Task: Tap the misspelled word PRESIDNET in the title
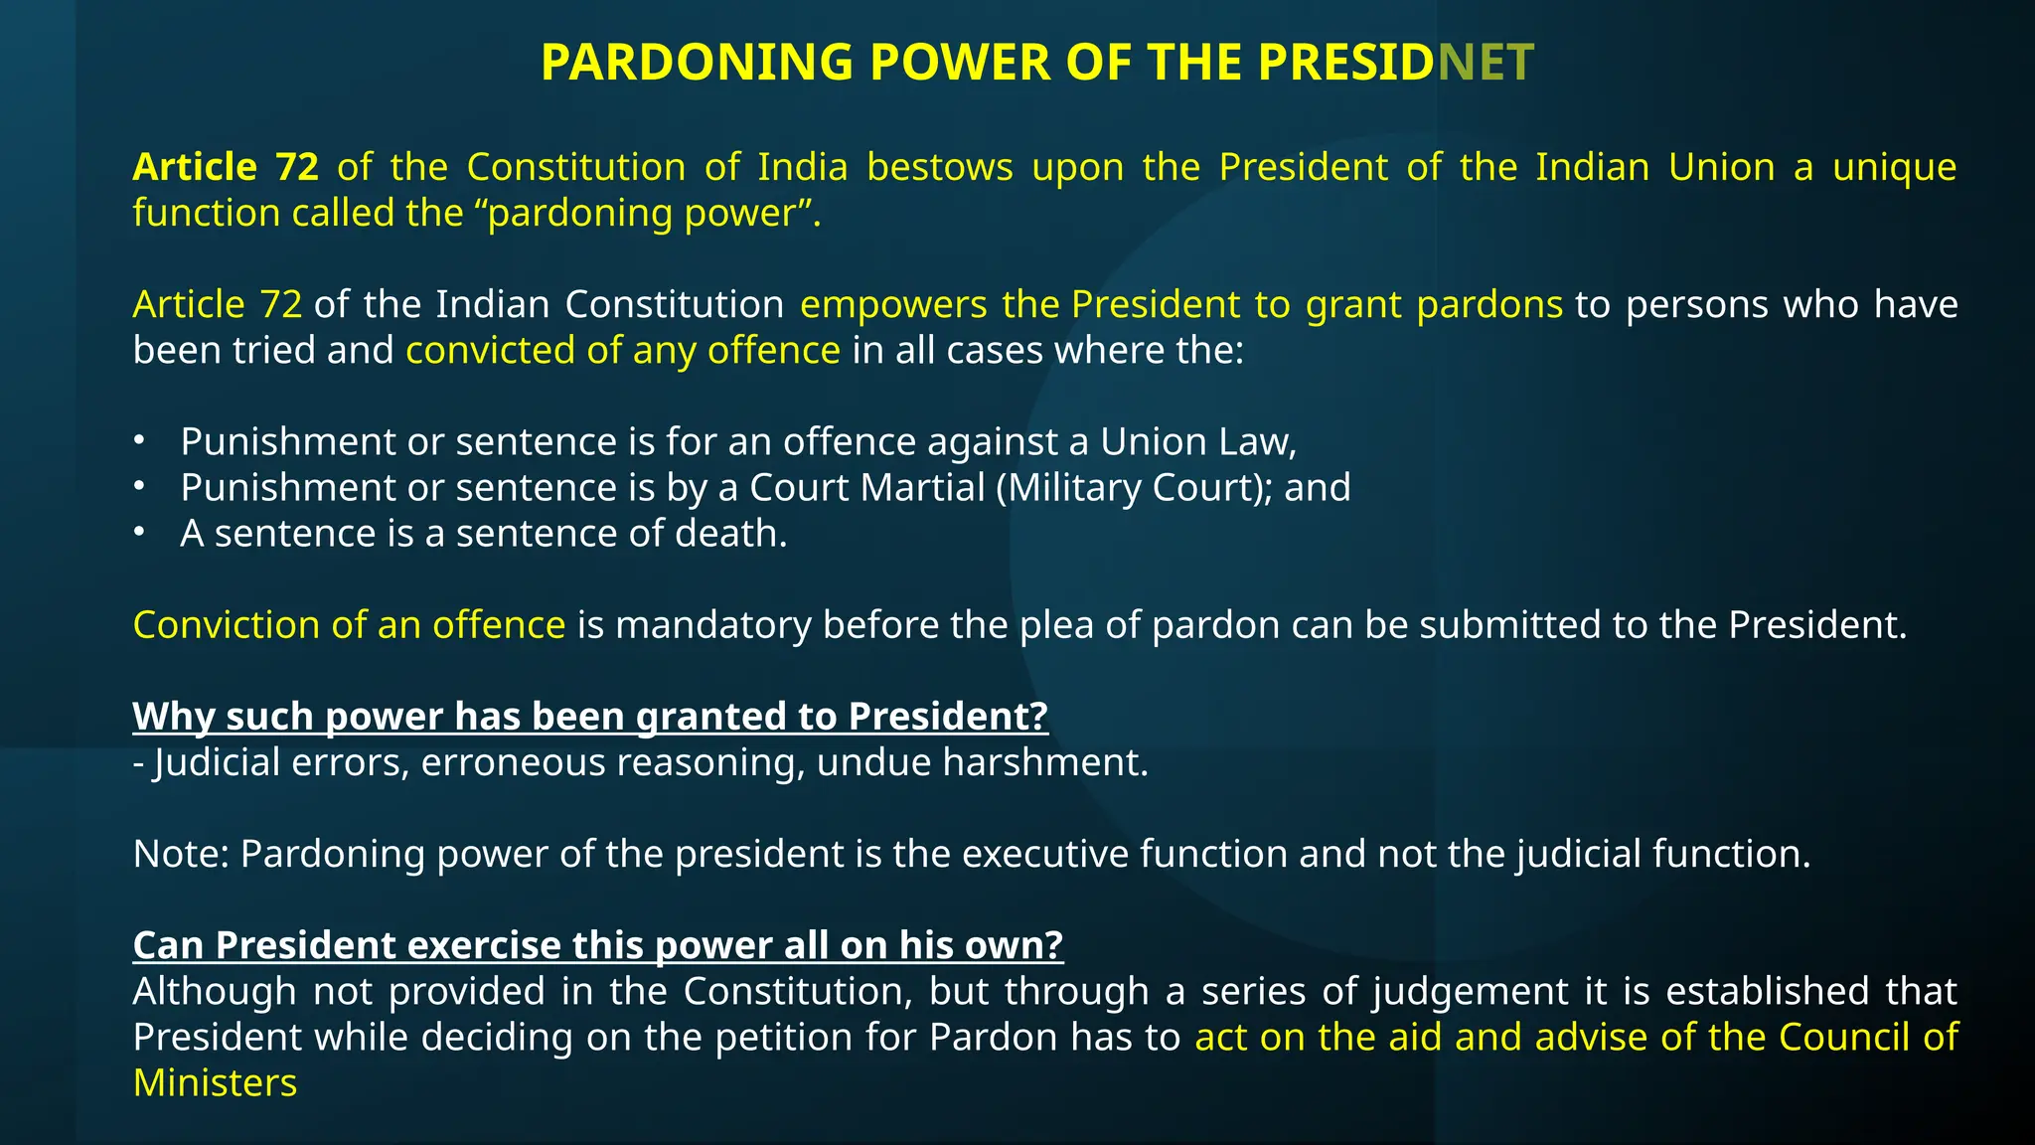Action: [x=1395, y=63]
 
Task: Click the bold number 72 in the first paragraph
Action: [x=296, y=167]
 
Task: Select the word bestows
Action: [x=939, y=167]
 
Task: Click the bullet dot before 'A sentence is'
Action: [x=140, y=533]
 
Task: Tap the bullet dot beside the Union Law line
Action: [x=140, y=440]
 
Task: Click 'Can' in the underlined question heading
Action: [x=168, y=945]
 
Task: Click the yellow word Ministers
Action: [x=215, y=1082]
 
